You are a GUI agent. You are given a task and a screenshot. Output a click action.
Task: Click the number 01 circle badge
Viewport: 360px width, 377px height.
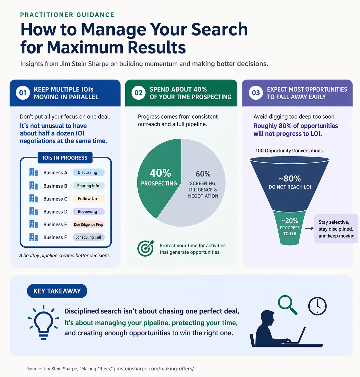click(x=23, y=93)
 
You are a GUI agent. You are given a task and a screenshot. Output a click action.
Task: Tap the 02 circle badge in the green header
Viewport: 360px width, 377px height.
click(x=138, y=93)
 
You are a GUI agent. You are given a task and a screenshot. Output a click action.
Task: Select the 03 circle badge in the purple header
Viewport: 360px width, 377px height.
click(x=256, y=93)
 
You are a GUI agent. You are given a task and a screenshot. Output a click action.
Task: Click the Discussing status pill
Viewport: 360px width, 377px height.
click(x=89, y=172)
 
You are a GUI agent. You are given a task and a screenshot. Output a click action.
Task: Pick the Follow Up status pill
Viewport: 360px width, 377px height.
click(x=89, y=199)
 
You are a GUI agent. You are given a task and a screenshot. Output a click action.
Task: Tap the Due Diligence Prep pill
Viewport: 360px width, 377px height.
click(x=89, y=224)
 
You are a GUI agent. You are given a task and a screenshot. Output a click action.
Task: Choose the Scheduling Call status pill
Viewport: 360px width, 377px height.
click(x=89, y=237)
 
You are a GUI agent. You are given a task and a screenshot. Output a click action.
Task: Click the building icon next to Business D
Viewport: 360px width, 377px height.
click(x=33, y=211)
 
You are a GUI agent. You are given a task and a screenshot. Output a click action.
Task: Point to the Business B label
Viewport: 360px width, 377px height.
click(x=55, y=186)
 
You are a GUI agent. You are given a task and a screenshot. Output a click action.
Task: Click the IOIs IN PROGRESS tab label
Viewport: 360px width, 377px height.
click(x=65, y=158)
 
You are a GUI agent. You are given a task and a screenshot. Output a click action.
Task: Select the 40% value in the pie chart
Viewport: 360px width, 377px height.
click(x=160, y=173)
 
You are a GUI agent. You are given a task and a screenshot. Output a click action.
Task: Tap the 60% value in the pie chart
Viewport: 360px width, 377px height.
click(x=203, y=174)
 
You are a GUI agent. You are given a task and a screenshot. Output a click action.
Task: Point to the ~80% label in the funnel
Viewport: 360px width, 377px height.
click(x=290, y=179)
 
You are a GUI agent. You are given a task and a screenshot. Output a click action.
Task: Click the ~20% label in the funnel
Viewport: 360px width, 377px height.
click(x=290, y=220)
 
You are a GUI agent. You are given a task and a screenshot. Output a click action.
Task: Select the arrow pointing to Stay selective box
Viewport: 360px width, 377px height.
click(x=309, y=229)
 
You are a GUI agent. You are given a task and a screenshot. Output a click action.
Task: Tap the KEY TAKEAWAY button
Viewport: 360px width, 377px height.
click(x=57, y=291)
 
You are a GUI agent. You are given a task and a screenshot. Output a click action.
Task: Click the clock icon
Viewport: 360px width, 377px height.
click(x=317, y=306)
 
